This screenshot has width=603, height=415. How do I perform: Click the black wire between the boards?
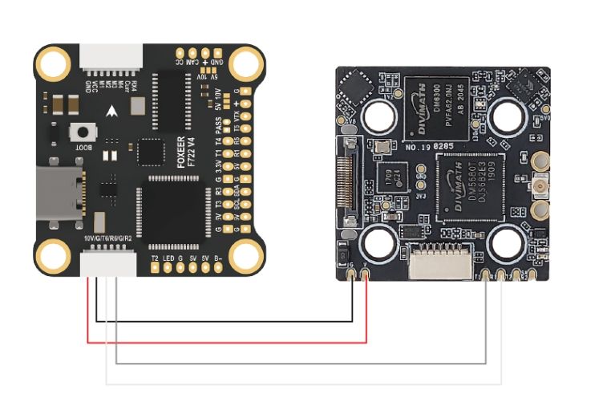[x=225, y=322]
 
